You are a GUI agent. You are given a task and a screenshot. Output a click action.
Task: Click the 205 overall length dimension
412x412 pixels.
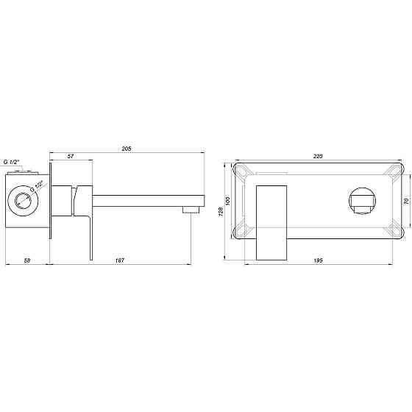(126, 149)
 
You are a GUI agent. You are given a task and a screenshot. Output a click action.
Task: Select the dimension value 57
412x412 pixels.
(71, 157)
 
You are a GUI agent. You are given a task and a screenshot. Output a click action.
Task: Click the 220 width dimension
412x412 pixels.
(319, 156)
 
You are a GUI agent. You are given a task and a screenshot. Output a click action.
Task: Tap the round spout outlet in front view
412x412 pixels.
(361, 200)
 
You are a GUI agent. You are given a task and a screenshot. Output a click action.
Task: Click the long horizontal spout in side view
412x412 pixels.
(147, 199)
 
